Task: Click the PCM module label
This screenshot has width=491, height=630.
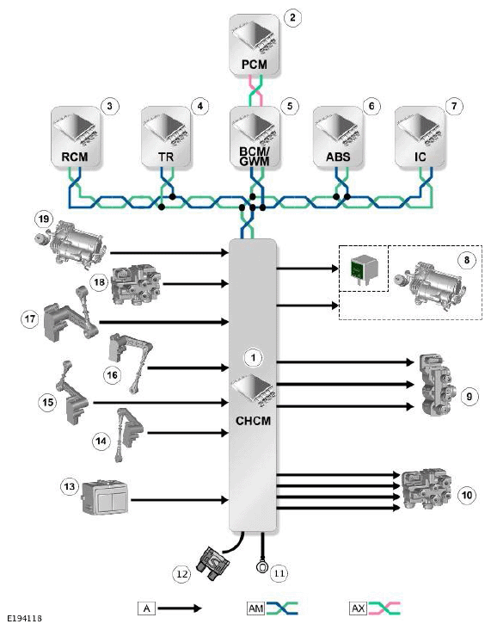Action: point(255,65)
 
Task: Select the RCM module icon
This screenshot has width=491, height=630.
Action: point(75,137)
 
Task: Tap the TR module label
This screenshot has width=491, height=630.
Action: point(165,157)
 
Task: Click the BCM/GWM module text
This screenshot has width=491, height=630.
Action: point(255,157)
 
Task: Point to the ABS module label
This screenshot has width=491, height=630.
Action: point(338,157)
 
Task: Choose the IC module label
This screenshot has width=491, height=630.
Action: point(420,157)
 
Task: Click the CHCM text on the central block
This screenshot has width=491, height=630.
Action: point(253,421)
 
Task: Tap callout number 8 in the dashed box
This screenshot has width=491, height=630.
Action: point(467,260)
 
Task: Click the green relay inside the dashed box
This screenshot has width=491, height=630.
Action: point(364,268)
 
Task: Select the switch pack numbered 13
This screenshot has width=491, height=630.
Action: point(105,497)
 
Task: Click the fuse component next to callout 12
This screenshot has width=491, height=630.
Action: point(212,564)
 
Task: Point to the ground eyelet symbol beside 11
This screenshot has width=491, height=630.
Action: point(261,567)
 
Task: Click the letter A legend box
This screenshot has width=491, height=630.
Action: point(146,608)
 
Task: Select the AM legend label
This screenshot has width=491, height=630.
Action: point(255,608)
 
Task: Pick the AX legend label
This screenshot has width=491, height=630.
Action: point(358,608)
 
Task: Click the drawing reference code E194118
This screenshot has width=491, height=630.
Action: point(24,618)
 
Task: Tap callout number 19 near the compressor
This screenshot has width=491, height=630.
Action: point(44,219)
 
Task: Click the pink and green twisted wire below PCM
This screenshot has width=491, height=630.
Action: point(255,91)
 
